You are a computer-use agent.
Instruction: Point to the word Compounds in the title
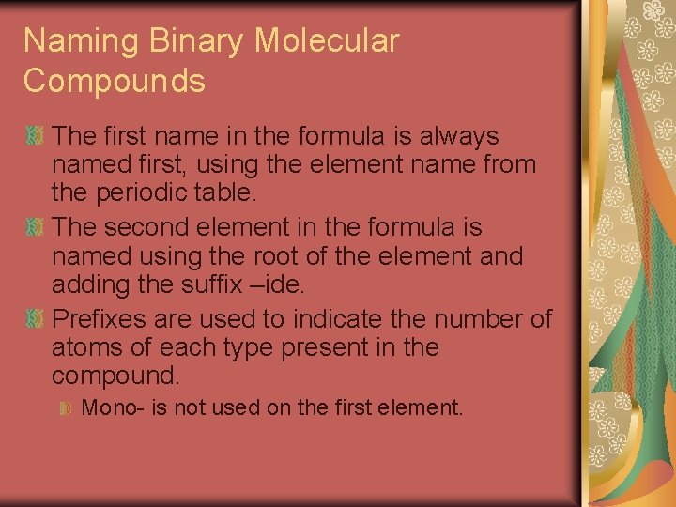(x=114, y=81)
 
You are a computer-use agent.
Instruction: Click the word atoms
(x=89, y=347)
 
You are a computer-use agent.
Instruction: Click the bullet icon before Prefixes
(x=35, y=319)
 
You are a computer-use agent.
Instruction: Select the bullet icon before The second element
(x=35, y=228)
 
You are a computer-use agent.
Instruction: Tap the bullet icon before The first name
(x=35, y=137)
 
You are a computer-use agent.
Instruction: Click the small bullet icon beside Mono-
(x=67, y=408)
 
